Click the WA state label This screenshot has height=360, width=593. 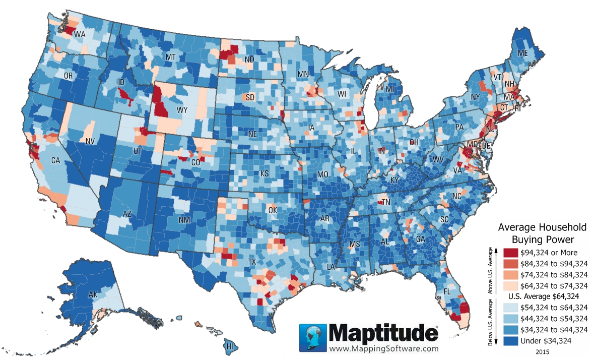(80, 35)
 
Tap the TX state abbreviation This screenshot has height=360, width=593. (252, 262)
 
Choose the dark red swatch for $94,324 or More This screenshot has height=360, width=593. (510, 253)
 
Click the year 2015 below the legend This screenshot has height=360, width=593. (543, 351)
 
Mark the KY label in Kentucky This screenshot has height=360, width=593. (395, 180)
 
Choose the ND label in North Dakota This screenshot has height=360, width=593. (249, 59)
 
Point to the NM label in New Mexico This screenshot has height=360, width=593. (184, 220)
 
